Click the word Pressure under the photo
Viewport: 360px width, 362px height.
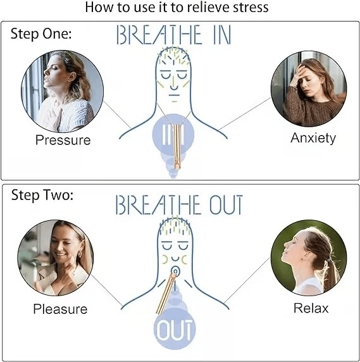(63, 140)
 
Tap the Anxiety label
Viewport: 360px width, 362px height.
(313, 138)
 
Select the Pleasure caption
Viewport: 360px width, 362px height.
(60, 309)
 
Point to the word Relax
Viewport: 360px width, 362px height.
(311, 308)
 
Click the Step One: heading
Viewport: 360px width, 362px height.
(41, 34)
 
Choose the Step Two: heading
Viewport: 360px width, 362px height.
(42, 195)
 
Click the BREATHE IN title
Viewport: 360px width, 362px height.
(174, 35)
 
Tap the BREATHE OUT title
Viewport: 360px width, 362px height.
(179, 204)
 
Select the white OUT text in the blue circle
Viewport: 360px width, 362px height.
(175, 330)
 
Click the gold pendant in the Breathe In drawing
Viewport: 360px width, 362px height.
(178, 146)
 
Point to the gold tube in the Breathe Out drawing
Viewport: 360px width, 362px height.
(166, 293)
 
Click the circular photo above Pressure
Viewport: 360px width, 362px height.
(62, 91)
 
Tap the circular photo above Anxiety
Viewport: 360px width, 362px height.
(309, 89)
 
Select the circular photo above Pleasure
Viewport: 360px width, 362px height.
(56, 258)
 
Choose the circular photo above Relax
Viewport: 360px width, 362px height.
(309, 258)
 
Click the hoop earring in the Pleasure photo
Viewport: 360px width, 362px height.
(79, 254)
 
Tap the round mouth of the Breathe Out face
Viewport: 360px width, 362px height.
(175, 271)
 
